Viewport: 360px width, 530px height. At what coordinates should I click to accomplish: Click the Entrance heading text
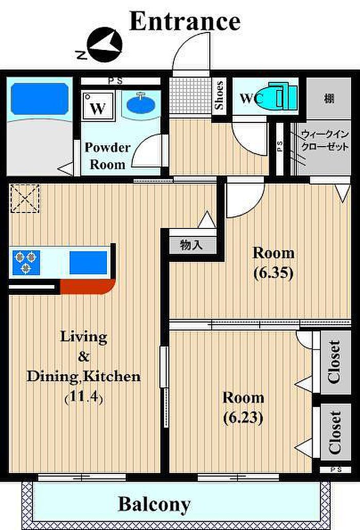[185, 21]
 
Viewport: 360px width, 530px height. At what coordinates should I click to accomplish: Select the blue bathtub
[40, 98]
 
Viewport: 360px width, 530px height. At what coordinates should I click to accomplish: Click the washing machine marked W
[98, 105]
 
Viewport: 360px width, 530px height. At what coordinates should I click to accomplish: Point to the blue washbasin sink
[141, 103]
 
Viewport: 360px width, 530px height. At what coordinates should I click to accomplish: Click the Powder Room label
[107, 156]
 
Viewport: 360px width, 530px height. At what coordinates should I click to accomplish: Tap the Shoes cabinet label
[219, 95]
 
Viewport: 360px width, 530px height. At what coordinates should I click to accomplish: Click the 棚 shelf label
[329, 99]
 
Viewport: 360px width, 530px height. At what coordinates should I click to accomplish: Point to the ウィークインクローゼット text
[325, 140]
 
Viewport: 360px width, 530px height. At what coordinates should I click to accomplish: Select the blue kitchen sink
[88, 262]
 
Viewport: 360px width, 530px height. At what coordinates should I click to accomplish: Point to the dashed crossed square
[25, 199]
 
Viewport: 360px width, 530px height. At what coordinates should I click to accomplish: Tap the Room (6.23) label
[243, 408]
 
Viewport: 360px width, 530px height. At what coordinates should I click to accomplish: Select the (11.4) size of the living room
[83, 397]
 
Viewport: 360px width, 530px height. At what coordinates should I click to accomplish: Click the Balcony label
[154, 504]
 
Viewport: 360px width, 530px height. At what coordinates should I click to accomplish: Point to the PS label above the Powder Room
[116, 81]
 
